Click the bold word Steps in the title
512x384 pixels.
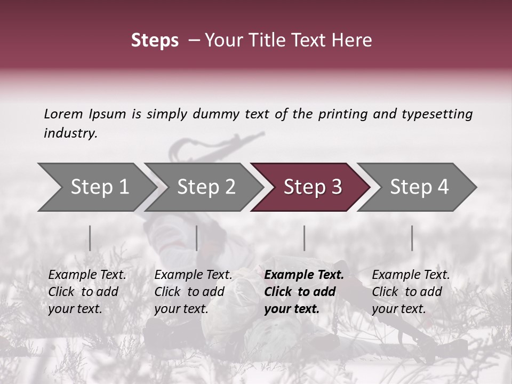point(155,40)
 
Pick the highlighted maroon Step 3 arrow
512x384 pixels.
point(313,187)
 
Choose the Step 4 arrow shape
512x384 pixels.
point(419,187)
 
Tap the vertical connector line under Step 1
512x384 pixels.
point(90,238)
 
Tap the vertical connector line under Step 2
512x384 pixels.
point(197,238)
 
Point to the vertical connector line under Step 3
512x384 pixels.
point(305,238)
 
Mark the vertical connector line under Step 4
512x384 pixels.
point(412,238)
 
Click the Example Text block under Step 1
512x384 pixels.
point(87,292)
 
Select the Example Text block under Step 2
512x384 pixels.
point(193,292)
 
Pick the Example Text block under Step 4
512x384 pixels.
point(411,292)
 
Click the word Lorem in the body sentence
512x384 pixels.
point(63,114)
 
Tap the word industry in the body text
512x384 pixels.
point(70,133)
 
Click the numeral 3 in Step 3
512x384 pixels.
point(335,187)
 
